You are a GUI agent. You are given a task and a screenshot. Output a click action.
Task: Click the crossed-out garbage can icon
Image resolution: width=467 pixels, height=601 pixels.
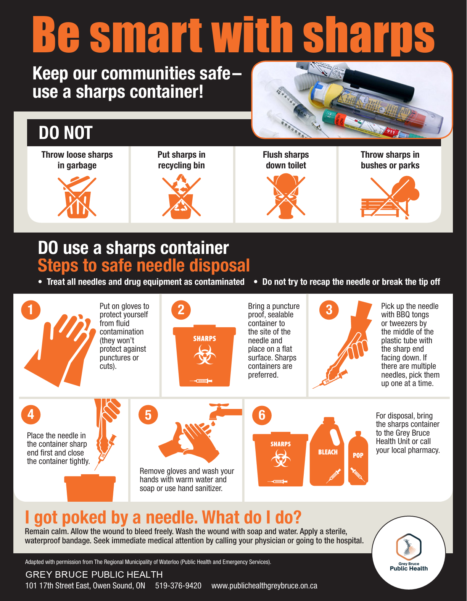click(x=77, y=197)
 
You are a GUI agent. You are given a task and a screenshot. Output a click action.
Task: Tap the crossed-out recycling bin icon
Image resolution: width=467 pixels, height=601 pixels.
click(x=181, y=197)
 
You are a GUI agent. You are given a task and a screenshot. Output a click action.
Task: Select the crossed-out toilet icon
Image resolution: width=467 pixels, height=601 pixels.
click(x=286, y=196)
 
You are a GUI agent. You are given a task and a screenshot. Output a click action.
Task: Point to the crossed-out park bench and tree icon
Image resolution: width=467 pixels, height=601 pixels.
click(x=390, y=197)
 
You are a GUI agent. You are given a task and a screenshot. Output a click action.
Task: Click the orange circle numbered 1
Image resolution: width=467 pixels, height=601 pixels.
click(x=31, y=310)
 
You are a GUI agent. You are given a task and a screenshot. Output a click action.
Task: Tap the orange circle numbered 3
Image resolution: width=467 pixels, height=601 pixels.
click(x=329, y=310)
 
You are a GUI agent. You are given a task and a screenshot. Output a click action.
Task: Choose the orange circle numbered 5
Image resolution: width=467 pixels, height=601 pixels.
click(x=148, y=415)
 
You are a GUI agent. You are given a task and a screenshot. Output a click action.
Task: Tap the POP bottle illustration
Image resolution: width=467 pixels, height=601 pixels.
click(x=358, y=460)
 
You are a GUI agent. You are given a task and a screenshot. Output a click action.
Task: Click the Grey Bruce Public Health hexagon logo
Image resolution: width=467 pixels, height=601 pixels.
click(x=408, y=546)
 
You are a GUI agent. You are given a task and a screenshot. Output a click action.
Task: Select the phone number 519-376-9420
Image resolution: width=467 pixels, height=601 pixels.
click(x=178, y=586)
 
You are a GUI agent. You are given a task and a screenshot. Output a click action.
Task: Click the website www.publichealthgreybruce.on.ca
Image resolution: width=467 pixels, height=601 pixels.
click(x=264, y=586)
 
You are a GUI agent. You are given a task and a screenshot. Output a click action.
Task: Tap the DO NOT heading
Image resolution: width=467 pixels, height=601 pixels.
click(x=66, y=133)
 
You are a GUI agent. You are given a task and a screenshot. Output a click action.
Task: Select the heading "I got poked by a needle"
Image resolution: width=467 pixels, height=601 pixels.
click(x=163, y=517)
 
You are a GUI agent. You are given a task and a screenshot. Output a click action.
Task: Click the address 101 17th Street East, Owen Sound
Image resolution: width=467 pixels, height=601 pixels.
click(x=85, y=586)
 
